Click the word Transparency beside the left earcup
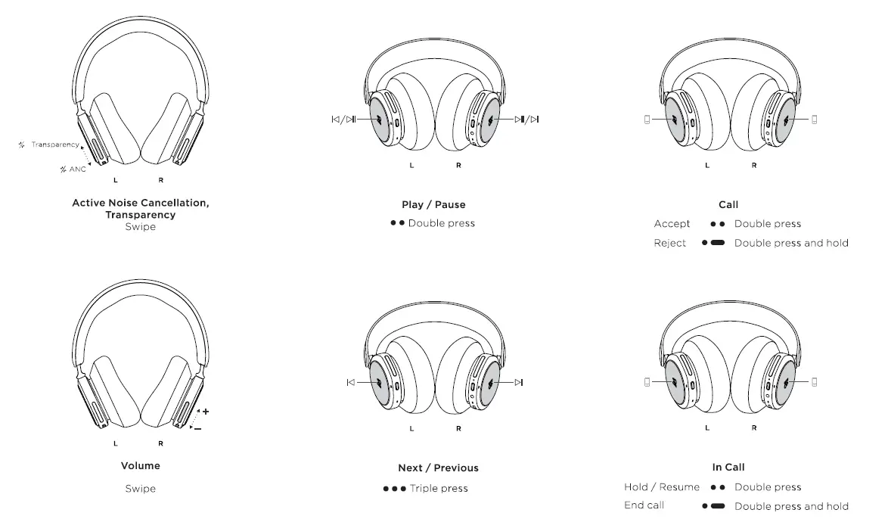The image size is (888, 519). [x=54, y=145]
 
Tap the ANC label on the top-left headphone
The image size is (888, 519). [x=77, y=169]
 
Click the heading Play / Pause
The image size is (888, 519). [x=433, y=204]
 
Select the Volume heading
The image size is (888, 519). [x=140, y=465]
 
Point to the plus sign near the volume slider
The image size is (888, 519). [x=206, y=411]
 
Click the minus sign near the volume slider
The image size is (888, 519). [x=198, y=429]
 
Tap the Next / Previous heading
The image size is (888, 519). [x=438, y=468]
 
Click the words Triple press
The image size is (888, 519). [x=439, y=488]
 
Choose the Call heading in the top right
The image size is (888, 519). [x=728, y=204]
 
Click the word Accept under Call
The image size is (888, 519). [x=672, y=223]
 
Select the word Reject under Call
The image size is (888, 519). [x=669, y=243]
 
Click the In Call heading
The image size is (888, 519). [x=728, y=468]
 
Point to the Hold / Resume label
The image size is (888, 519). [x=662, y=486]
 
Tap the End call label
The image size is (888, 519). [x=645, y=505]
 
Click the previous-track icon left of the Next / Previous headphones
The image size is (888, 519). [x=350, y=382]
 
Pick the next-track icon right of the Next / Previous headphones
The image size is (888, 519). [x=518, y=382]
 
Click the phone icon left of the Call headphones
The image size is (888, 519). [x=647, y=119]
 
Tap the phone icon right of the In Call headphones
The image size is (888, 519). [x=814, y=382]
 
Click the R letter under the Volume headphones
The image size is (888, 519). [x=160, y=443]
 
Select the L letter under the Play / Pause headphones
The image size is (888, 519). [x=411, y=165]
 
